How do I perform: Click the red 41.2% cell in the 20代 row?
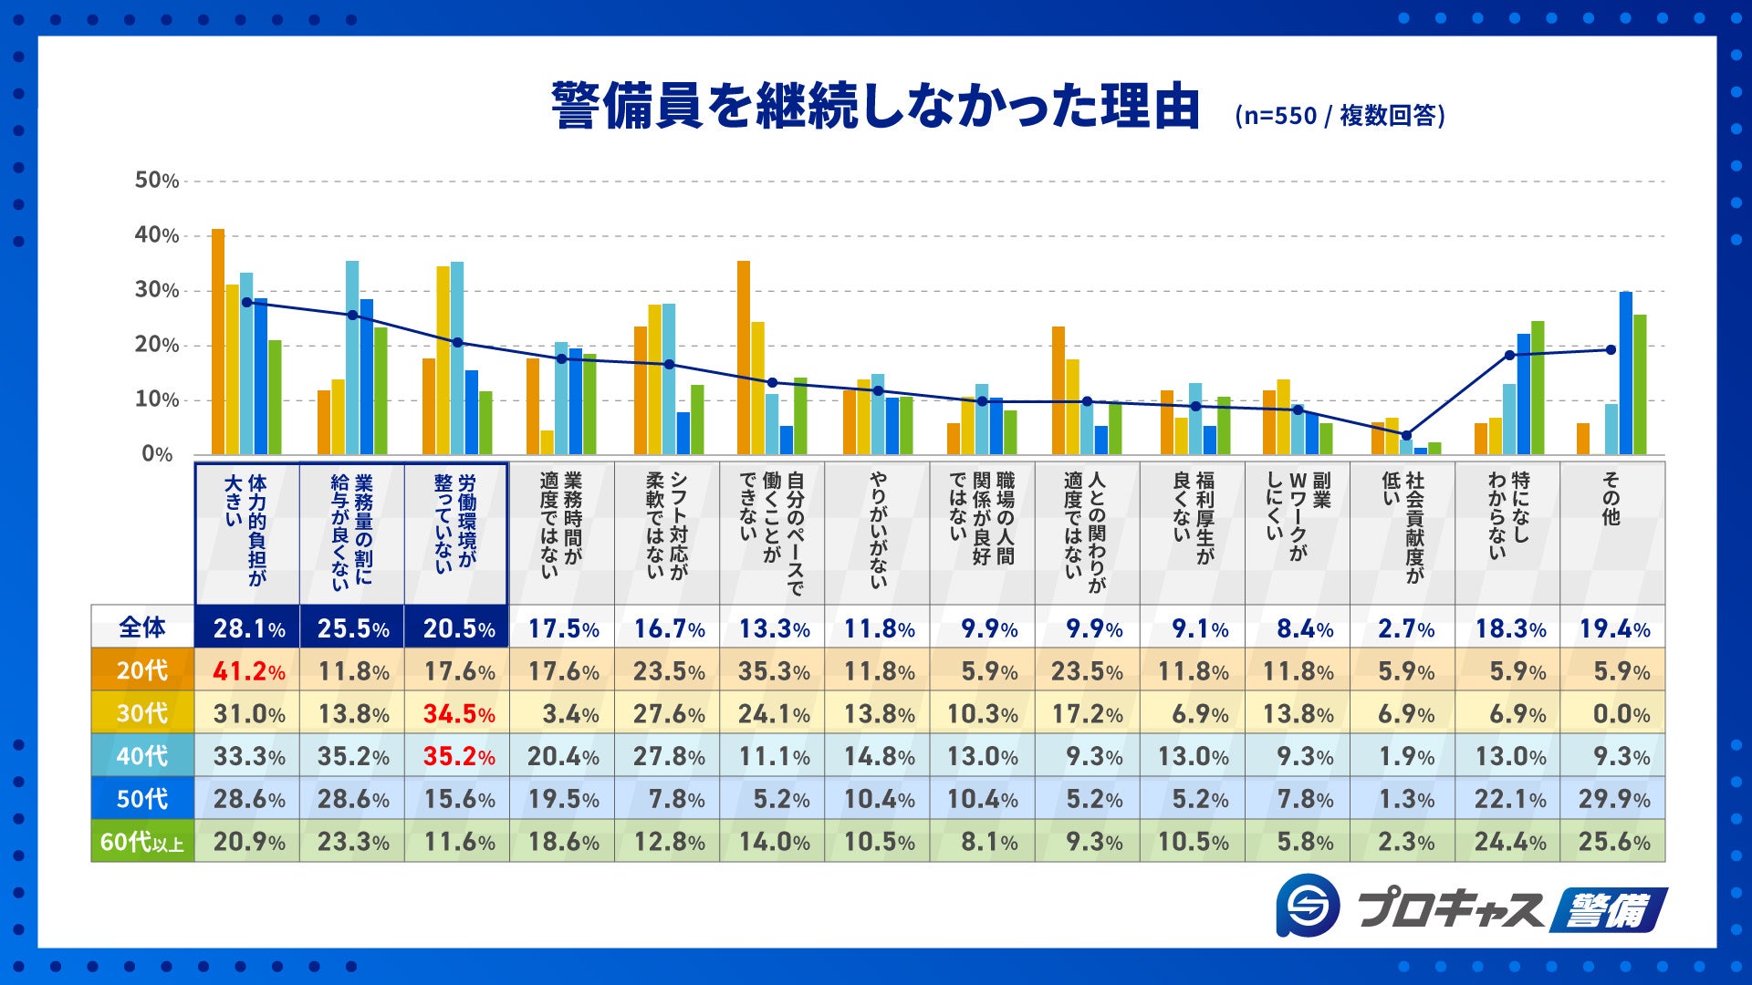point(248,671)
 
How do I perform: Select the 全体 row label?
point(142,627)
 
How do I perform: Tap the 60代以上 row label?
point(142,841)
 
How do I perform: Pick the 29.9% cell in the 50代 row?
point(1613,799)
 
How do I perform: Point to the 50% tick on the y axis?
point(157,181)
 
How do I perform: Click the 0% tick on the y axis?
point(157,454)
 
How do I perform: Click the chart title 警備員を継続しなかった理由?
point(874,107)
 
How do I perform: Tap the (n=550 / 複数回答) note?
point(1340,116)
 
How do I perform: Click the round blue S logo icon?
point(1308,905)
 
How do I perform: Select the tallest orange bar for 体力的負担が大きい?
point(218,342)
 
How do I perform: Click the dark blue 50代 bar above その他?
point(1625,373)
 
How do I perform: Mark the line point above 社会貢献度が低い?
point(1406,436)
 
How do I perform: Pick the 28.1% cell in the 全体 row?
point(248,628)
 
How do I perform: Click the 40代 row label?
point(142,756)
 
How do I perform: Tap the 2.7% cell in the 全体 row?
point(1405,628)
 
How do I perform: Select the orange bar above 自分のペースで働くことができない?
point(744,358)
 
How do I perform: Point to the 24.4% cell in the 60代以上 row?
point(1509,841)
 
